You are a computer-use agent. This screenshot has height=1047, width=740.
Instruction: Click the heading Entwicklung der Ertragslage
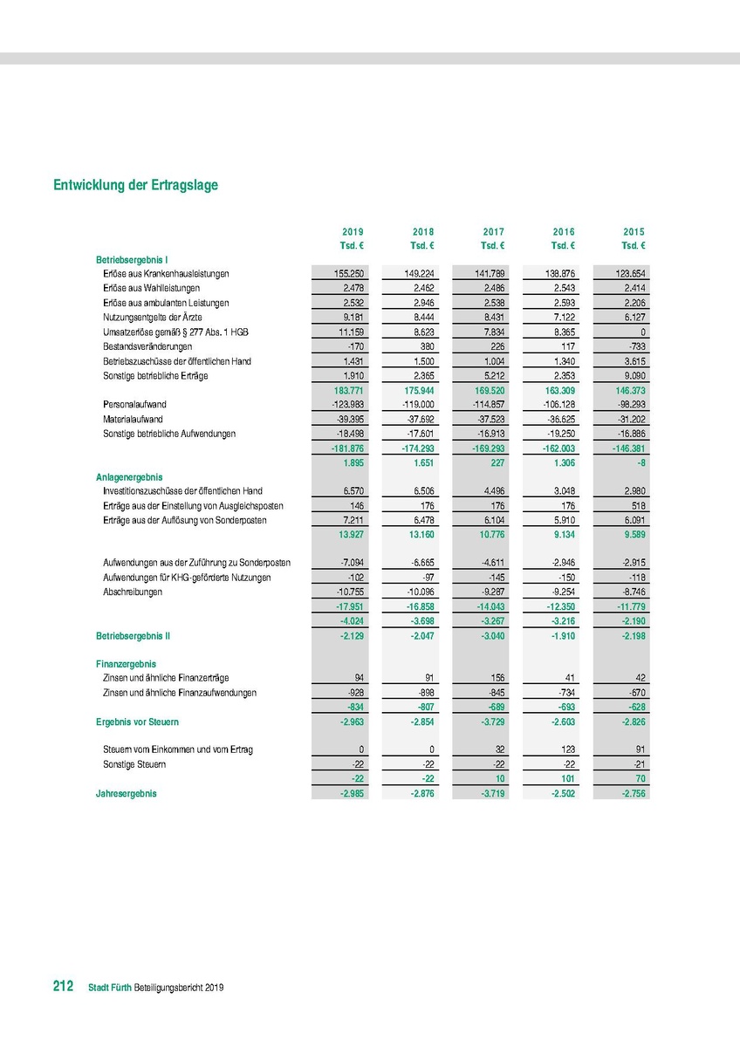coord(135,185)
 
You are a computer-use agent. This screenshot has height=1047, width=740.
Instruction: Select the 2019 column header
coord(353,232)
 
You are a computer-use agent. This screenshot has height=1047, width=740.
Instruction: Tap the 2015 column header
coord(634,232)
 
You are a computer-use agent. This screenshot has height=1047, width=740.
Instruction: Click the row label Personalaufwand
coord(134,405)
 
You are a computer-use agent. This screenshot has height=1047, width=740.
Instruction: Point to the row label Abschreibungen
coord(130,592)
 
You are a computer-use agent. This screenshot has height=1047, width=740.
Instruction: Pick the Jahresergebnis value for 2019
coord(350,794)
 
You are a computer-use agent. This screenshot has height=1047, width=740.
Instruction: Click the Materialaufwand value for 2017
coord(490,419)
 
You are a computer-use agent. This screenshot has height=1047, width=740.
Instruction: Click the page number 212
coord(63,987)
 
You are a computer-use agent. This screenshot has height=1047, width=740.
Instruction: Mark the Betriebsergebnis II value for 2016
coord(561,636)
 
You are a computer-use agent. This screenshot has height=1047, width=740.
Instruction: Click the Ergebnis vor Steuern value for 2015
coord(631,722)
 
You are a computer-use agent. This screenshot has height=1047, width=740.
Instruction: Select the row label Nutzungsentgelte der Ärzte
coord(153,318)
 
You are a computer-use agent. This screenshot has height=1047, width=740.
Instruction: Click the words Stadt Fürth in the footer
coord(110,988)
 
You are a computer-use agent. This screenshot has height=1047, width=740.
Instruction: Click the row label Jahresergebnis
coord(127,794)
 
